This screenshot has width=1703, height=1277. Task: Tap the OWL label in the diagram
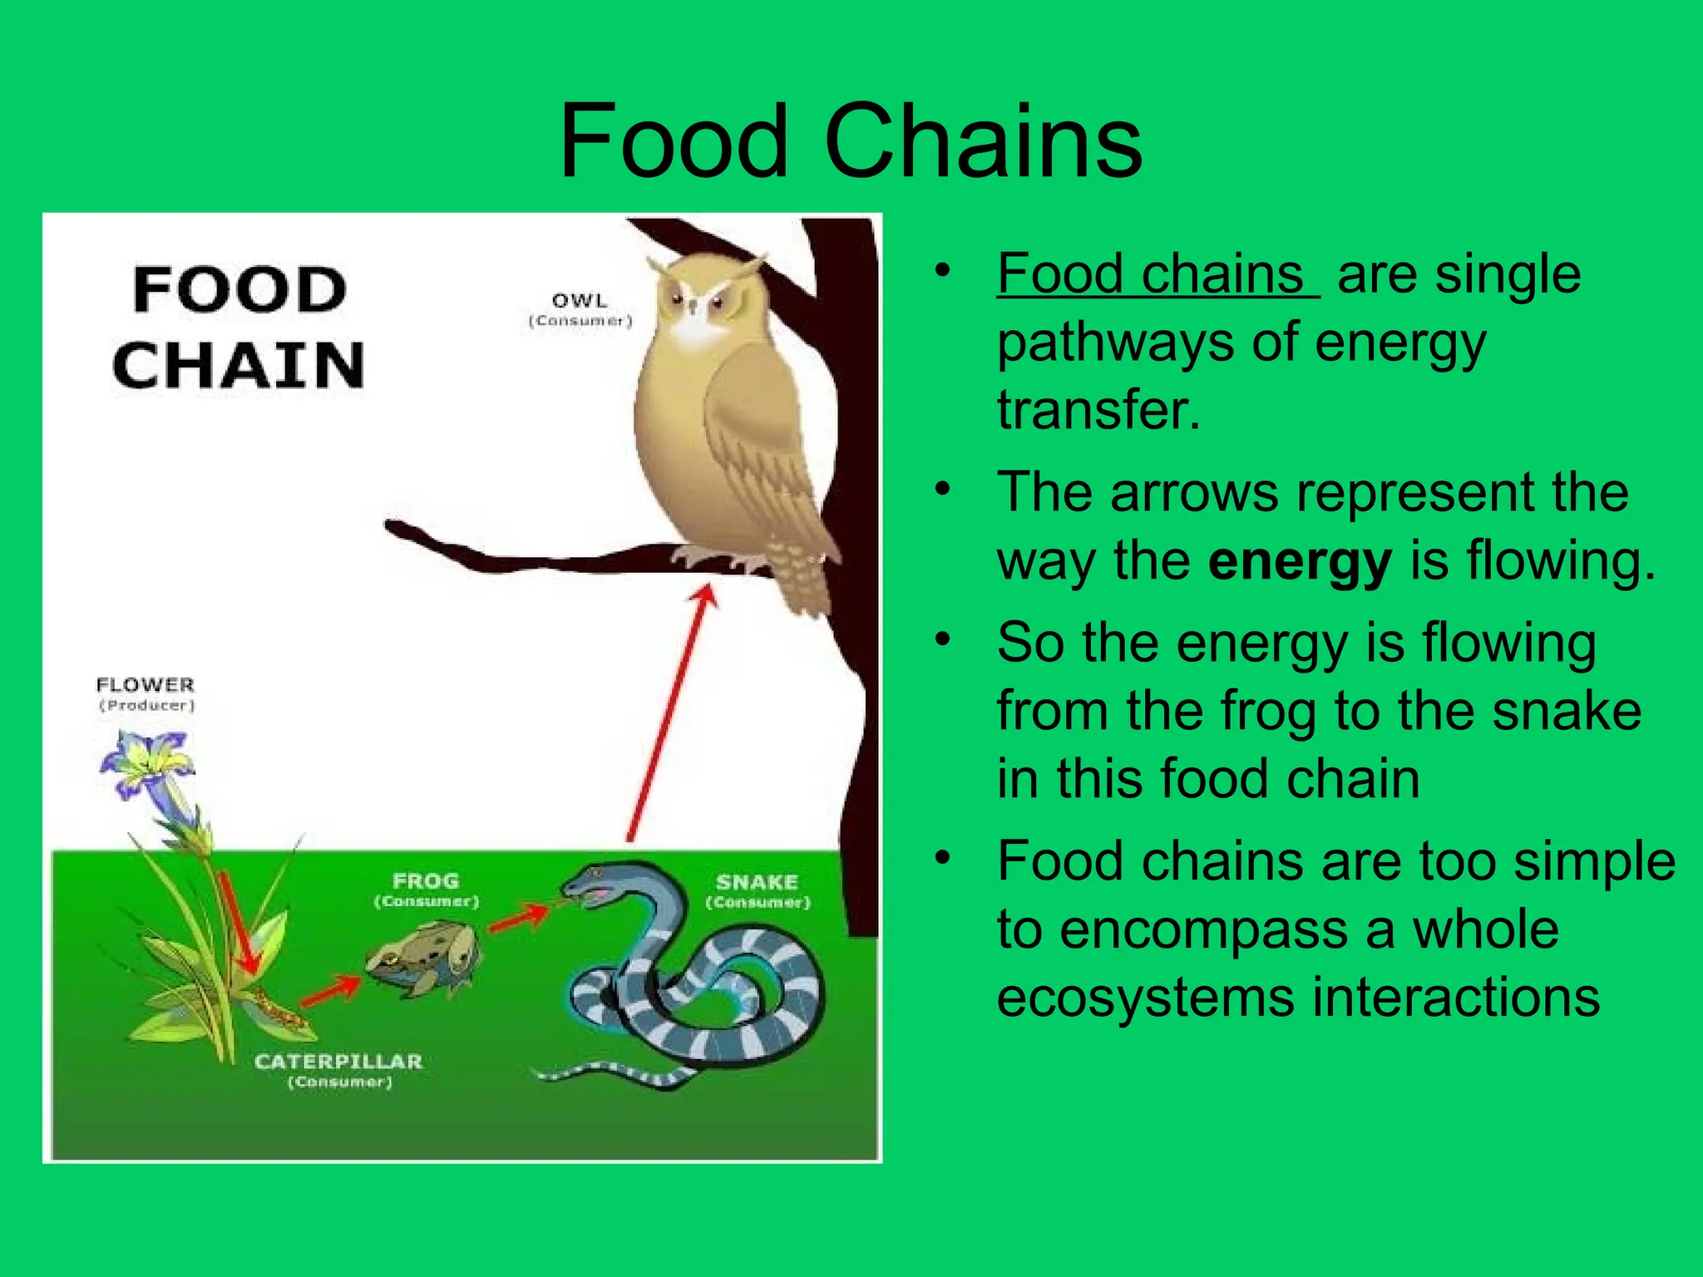pos(580,301)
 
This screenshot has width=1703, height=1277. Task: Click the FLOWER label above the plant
pos(145,685)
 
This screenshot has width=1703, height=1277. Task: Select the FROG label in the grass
pos(426,881)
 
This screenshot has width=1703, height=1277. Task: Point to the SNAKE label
pos(757,882)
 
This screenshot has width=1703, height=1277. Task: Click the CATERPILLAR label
pos(338,1062)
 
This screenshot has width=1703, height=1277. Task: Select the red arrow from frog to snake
pos(518,919)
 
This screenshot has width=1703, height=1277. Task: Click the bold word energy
pos(1299,562)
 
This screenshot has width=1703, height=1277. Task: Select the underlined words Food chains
pos(1152,274)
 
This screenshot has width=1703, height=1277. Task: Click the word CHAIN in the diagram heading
pos(239,366)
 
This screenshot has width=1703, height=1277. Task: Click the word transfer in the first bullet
pos(1098,410)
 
